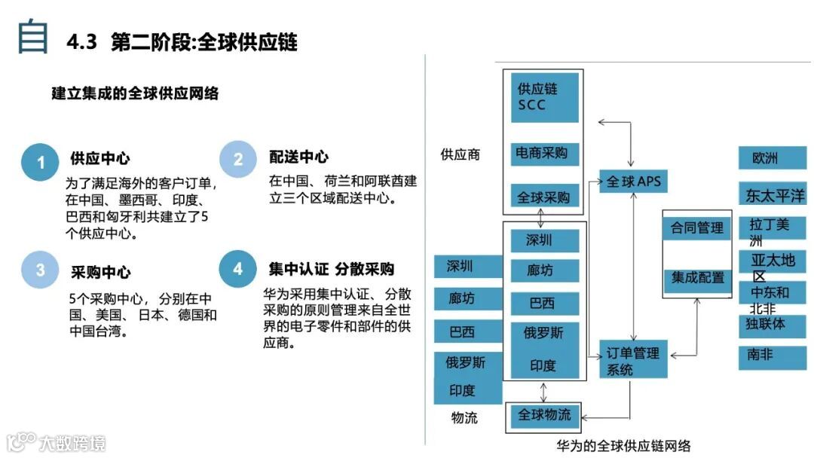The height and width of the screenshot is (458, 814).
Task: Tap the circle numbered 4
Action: pyautogui.click(x=238, y=269)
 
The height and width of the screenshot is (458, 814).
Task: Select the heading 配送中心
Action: pyautogui.click(x=298, y=157)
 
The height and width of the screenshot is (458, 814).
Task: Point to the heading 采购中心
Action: pyautogui.click(x=100, y=272)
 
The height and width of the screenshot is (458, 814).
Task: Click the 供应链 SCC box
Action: pyautogui.click(x=544, y=97)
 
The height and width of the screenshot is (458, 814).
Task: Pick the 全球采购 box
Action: pyautogui.click(x=544, y=197)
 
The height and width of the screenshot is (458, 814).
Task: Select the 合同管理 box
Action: pyautogui.click(x=697, y=227)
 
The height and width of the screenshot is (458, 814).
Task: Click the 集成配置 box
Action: pyautogui.click(x=697, y=278)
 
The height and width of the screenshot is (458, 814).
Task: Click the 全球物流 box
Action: pyautogui.click(x=544, y=415)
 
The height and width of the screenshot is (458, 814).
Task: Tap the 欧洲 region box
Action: pyautogui.click(x=772, y=158)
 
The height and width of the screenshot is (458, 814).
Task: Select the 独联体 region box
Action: pyautogui.click(x=772, y=325)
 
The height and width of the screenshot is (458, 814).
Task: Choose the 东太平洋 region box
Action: pyautogui.click(x=772, y=196)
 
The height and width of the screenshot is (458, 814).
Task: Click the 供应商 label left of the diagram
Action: pyautogui.click(x=460, y=155)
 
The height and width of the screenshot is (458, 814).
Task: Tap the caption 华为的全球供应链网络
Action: pyautogui.click(x=624, y=445)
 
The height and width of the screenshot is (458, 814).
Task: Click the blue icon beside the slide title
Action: pyautogui.click(x=33, y=37)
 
